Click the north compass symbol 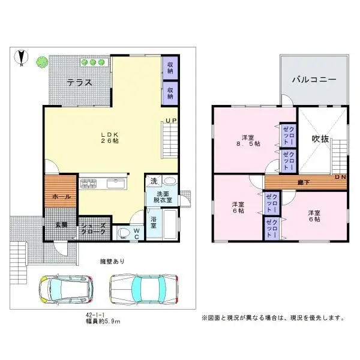point(21,58)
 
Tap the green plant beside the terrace point(41,61)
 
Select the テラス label point(79,83)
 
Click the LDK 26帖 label point(109,136)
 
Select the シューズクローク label point(94,230)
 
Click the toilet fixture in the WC point(125,232)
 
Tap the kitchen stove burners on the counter point(91,182)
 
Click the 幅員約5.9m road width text point(103,322)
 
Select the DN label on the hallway point(340,177)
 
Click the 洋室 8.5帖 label point(247,140)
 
